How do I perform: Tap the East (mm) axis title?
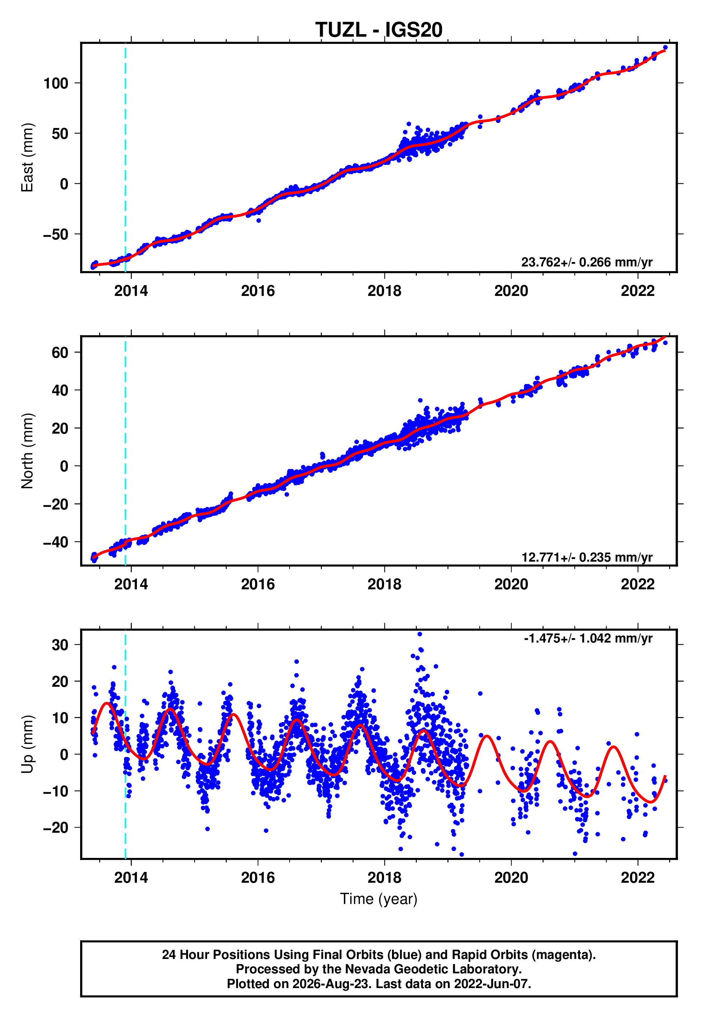27,157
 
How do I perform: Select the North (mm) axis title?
27,451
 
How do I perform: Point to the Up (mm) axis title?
27,744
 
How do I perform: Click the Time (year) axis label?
379,899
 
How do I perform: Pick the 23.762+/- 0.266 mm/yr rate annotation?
587,262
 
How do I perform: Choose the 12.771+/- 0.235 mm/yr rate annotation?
587,557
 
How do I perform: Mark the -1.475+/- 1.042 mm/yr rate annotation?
588,638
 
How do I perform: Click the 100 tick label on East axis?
56,83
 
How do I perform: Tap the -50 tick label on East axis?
56,234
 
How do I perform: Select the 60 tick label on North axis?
60,353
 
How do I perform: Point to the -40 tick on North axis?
56,542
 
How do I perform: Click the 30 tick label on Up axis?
60,645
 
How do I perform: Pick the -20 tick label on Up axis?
56,828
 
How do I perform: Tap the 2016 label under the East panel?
258,291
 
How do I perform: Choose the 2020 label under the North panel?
511,584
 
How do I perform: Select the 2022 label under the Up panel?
638,878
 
